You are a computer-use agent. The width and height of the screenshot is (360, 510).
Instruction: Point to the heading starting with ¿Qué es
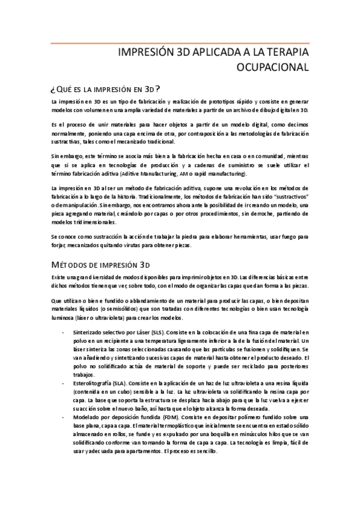105,88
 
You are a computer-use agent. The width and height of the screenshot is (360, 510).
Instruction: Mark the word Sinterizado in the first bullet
88,332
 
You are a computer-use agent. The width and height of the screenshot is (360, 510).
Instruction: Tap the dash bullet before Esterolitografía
63,382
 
